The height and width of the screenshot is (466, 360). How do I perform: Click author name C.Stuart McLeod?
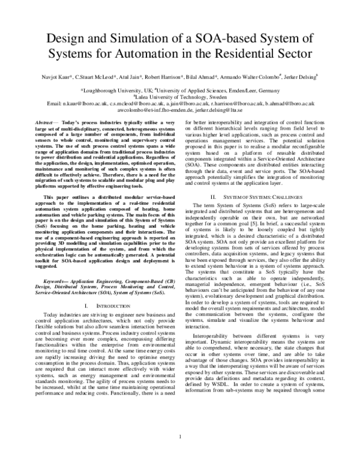point(97,78)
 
